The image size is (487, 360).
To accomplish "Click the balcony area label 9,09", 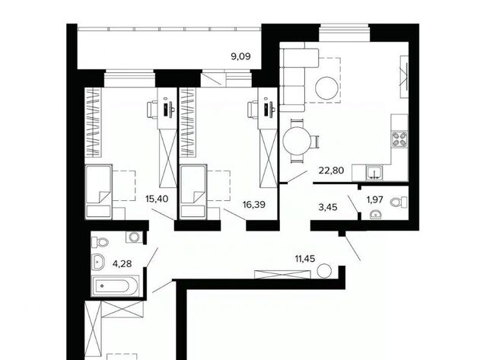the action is (x=240, y=56).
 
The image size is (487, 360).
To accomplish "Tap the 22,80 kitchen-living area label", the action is (x=331, y=170).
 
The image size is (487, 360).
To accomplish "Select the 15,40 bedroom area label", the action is (x=157, y=199).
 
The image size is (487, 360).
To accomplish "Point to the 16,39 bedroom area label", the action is (x=254, y=205).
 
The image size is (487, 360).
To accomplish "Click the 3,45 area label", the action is (x=328, y=207).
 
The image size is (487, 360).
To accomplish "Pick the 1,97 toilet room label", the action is (x=375, y=199).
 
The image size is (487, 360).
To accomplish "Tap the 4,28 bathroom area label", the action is (x=122, y=263).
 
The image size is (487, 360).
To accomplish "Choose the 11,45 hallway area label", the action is (x=305, y=258).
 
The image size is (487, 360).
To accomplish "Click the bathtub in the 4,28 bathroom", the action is (x=115, y=285).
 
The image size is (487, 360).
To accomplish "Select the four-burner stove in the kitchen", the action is (x=399, y=139).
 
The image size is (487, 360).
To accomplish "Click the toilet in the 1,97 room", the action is (x=399, y=202).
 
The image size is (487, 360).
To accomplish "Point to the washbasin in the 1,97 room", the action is (x=377, y=215).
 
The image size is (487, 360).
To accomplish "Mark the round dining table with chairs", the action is (x=298, y=142).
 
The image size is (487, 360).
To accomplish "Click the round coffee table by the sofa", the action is (x=326, y=88).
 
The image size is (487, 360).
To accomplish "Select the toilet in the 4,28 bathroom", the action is (x=100, y=242).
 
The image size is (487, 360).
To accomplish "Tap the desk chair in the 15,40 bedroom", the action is (x=152, y=110).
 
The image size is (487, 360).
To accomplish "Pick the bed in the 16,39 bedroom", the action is (x=193, y=192).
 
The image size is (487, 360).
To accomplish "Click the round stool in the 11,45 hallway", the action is (x=325, y=270).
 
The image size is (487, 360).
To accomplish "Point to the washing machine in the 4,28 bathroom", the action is (x=135, y=237).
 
